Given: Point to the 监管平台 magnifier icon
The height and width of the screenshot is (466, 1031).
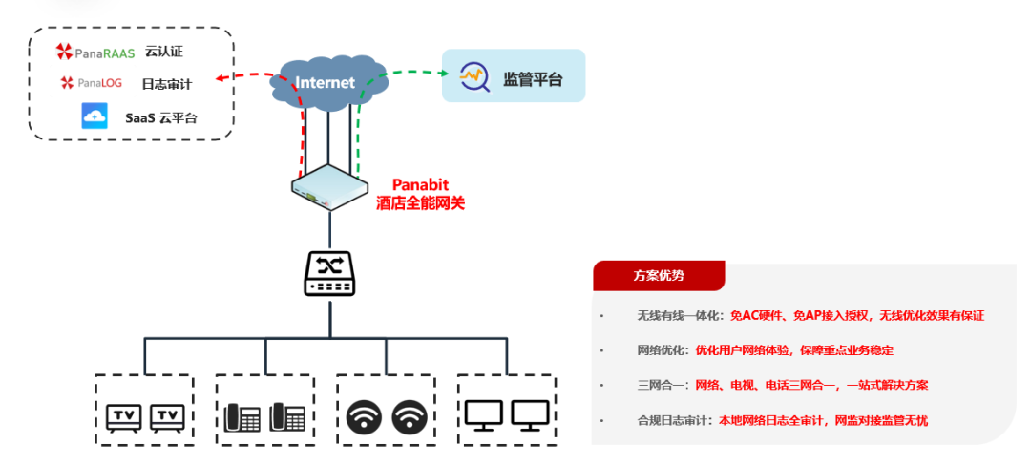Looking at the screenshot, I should tap(474, 76).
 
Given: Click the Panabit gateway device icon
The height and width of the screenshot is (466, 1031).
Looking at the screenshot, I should tap(329, 185).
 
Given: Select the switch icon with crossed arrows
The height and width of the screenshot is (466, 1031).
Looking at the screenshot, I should tap(329, 272).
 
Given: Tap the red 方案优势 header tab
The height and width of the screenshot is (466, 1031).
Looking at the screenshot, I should tap(659, 275).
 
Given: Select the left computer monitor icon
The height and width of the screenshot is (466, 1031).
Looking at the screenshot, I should tap(484, 415).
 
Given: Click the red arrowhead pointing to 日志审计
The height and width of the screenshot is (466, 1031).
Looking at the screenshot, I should tap(220, 81).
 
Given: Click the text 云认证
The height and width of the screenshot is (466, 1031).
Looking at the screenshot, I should tap(162, 53).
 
